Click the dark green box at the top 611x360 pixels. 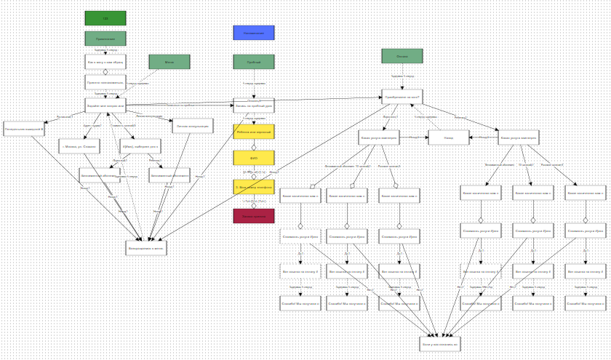105,18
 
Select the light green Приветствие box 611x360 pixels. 105,39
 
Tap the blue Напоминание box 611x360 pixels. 254,33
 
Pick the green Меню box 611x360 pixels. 169,62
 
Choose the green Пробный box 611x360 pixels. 254,62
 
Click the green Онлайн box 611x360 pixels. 402,56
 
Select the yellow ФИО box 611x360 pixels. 254,158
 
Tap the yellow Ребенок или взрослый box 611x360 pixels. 254,132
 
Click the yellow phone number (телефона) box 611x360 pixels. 254,187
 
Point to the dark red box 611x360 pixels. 254,216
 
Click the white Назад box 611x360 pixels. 449,137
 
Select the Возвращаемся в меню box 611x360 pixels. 146,248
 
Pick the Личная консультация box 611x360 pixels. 193,126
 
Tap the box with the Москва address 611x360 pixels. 79,146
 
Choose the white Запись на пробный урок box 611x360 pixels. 254,105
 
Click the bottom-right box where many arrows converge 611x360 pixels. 440,343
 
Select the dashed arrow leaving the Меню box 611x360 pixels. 149,78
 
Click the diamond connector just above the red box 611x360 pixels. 254,205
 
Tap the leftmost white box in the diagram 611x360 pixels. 24,129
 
